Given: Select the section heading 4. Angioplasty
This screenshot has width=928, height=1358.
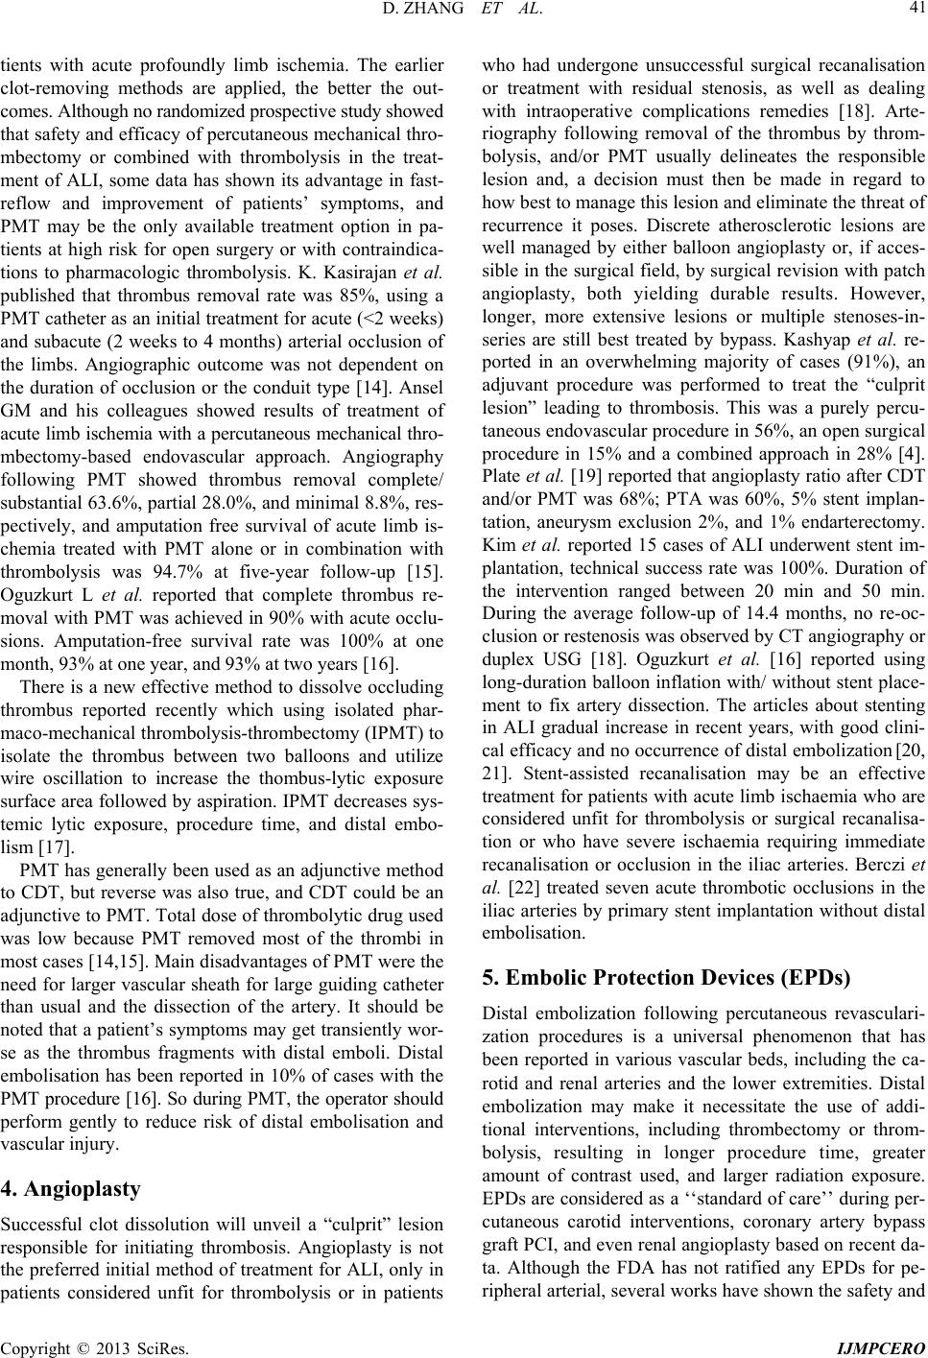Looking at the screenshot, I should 71,1191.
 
